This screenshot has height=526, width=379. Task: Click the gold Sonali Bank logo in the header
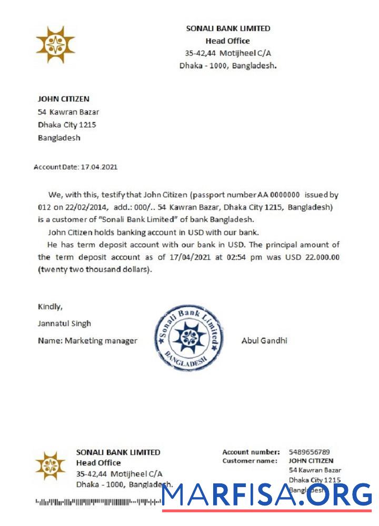pos(55,45)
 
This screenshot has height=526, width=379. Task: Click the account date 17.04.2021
pos(98,167)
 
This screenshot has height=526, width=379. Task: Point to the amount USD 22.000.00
pos(313,257)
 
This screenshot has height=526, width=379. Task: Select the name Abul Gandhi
pos(264,340)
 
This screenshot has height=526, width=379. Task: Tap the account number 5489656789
pos(309,452)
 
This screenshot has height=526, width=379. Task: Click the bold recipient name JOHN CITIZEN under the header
pos(63,99)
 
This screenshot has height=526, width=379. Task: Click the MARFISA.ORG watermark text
pos(267,494)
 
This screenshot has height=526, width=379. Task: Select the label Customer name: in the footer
pos(250,461)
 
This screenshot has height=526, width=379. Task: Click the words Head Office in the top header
pos(227,41)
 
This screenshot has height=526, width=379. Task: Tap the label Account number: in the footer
pos(251,452)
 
